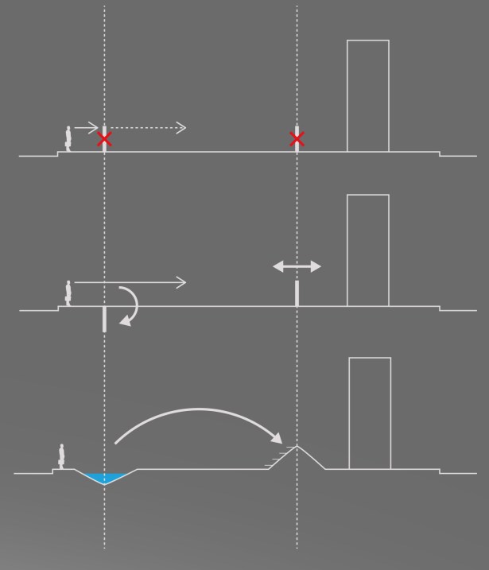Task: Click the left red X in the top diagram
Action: click(104, 140)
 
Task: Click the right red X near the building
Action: click(297, 139)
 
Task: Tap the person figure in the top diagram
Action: click(69, 138)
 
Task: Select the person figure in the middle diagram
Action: click(69, 293)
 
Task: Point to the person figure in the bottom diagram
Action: click(61, 456)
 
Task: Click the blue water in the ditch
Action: click(104, 477)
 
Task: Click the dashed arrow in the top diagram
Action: click(147, 127)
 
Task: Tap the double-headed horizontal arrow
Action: click(297, 267)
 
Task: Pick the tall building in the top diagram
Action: click(368, 95)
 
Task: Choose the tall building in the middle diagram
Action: click(368, 250)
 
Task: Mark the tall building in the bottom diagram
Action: click(370, 413)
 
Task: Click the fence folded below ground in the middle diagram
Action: click(104, 319)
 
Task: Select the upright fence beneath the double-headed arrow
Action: click(297, 293)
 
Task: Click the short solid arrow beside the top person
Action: click(86, 127)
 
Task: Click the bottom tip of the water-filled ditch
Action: click(104, 483)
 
